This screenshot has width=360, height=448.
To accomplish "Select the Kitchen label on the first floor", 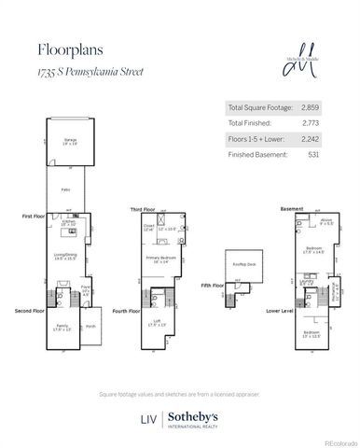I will point(67,222).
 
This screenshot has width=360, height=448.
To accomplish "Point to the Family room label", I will point(62,327).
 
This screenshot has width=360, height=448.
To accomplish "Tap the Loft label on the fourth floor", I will point(157,322).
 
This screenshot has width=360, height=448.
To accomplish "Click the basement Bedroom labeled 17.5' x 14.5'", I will point(312,248).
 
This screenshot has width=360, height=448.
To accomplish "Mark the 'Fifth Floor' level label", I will point(214,286).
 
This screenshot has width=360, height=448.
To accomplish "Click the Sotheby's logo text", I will point(194,417).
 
